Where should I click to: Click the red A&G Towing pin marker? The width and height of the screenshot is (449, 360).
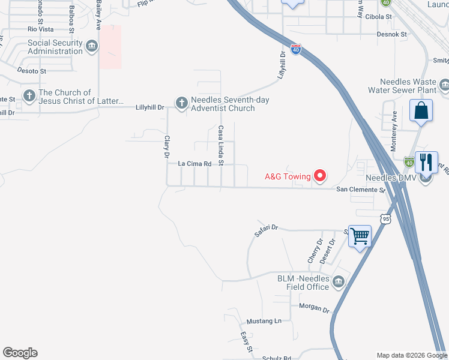320,175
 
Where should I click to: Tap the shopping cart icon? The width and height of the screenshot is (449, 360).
360,236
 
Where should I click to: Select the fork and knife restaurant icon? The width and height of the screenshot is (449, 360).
426,161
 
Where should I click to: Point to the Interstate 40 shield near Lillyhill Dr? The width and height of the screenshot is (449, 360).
295,49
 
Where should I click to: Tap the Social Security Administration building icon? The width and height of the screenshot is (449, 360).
92,46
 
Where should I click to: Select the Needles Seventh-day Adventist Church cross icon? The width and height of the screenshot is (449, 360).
181,103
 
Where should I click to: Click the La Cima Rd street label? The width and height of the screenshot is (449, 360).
196,164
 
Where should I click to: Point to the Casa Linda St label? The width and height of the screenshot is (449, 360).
221,145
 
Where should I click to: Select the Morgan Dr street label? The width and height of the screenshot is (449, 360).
315,309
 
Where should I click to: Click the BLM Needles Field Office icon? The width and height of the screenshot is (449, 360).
339,281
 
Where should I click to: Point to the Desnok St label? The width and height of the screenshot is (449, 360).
392,34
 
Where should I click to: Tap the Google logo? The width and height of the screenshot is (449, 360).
20,353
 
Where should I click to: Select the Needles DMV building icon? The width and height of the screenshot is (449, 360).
426,178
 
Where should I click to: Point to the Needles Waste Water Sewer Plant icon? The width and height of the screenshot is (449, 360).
444,88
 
